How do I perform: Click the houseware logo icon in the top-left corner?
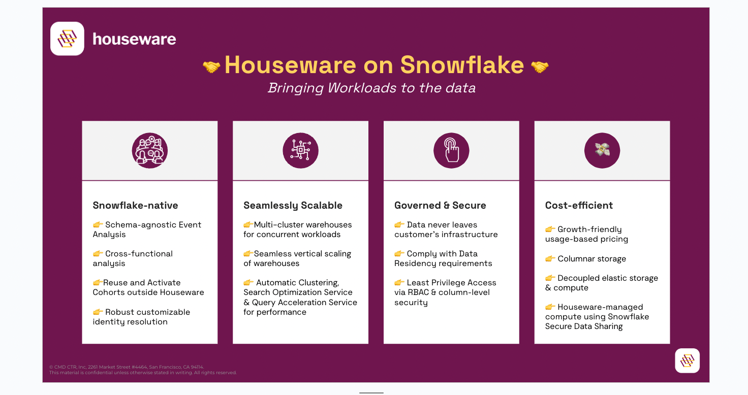[x=67, y=39]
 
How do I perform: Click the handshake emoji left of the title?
[x=211, y=67]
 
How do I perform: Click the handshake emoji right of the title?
[x=540, y=67]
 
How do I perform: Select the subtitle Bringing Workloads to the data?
[x=371, y=88]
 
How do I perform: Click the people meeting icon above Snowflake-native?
[x=149, y=150]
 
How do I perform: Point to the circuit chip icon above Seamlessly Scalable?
[x=300, y=150]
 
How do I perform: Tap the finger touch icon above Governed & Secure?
[x=451, y=150]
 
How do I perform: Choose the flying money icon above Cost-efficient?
[x=602, y=150]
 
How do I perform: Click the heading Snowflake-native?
[x=135, y=205]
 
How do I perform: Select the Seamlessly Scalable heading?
[x=293, y=206]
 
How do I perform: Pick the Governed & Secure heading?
[x=440, y=205]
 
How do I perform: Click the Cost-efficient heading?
[x=579, y=205]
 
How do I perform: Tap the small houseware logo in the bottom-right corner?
[x=687, y=360]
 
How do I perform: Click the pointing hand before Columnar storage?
[x=550, y=258]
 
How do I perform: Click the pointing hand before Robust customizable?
[x=98, y=312]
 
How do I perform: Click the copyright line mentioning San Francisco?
[x=127, y=367]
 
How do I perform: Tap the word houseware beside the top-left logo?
[x=134, y=39]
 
